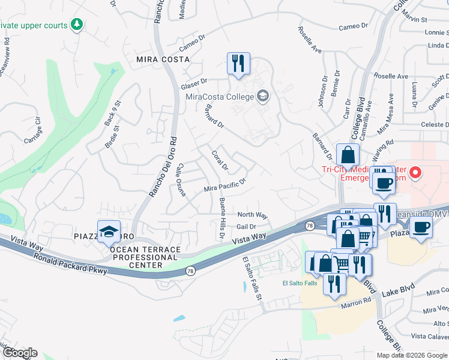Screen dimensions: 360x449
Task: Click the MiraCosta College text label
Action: pos(218,97)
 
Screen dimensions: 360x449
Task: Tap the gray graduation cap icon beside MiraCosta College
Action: pos(262,96)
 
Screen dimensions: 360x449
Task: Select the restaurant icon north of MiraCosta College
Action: pos(238,63)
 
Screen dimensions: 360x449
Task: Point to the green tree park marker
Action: pos(76,25)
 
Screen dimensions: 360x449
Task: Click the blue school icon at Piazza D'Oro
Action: pos(108,232)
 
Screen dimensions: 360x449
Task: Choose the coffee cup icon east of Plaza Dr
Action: pos(421,228)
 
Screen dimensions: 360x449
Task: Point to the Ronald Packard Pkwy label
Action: pos(71,264)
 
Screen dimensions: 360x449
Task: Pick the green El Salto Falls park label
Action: pos(300,283)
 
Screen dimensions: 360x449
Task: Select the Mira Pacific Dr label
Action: pos(225,185)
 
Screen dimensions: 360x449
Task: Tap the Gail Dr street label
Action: pos(247,227)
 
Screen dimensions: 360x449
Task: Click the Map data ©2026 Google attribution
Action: pos(411,355)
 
